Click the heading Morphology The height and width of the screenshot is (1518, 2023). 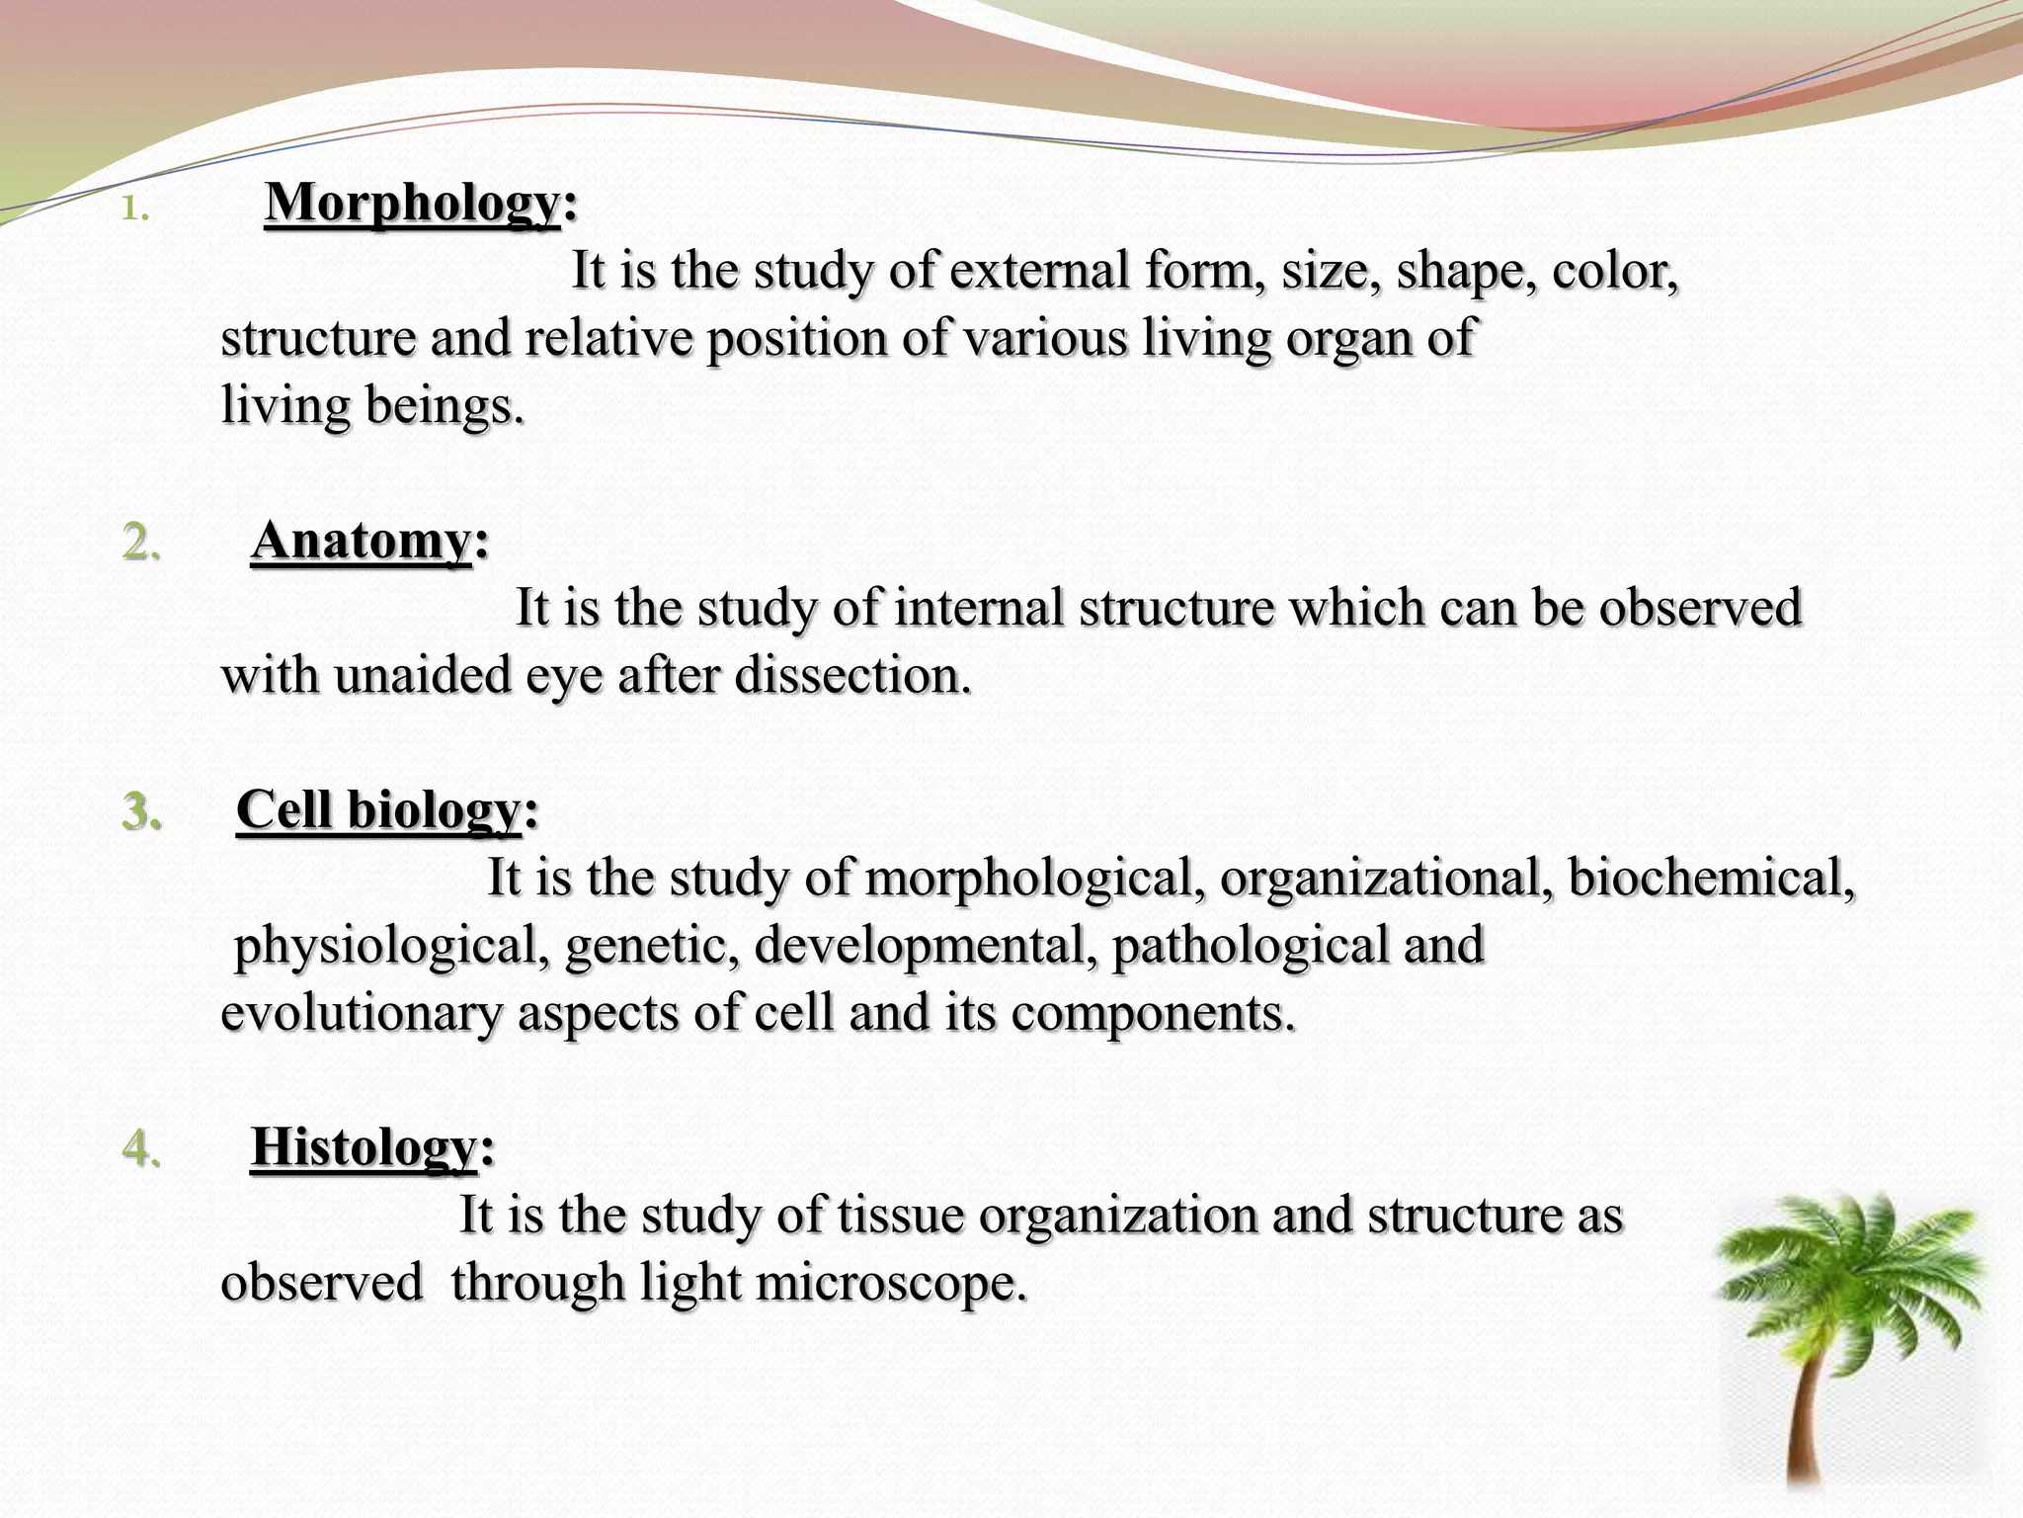click(413, 203)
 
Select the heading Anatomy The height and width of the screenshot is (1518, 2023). click(362, 541)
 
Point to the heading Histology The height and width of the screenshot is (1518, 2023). click(364, 1147)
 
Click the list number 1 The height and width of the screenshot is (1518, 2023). click(134, 210)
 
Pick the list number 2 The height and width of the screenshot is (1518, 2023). click(141, 543)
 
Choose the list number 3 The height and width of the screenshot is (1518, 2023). click(141, 811)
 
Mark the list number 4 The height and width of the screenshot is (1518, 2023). click(141, 1148)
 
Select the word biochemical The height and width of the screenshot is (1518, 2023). click(1711, 877)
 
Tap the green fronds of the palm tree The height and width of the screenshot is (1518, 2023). click(1852, 1270)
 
